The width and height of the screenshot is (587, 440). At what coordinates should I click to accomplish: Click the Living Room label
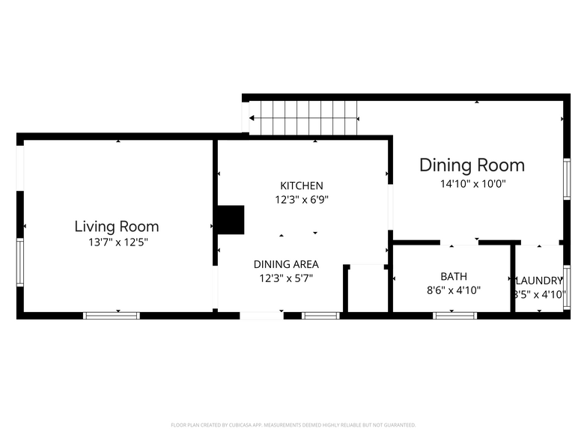[116, 226]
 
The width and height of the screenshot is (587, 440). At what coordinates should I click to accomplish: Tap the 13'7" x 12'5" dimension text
[116, 242]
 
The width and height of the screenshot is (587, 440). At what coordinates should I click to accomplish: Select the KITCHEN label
[302, 186]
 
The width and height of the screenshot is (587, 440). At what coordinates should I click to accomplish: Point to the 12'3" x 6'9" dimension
[302, 200]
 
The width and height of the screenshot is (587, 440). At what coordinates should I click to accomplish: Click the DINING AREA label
[286, 264]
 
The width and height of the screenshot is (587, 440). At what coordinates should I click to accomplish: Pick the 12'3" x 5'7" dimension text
[286, 278]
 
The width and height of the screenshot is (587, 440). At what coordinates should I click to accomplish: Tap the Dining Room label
[472, 165]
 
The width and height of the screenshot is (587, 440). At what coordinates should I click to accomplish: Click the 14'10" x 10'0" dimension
[472, 183]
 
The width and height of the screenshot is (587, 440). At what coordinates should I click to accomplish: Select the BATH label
[453, 276]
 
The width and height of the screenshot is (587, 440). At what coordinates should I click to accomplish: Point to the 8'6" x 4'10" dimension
[453, 290]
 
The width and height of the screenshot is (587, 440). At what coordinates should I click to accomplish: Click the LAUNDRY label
[538, 281]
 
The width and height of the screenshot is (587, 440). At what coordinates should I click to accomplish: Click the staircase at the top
[303, 118]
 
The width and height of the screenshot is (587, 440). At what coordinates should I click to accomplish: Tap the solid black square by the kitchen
[231, 220]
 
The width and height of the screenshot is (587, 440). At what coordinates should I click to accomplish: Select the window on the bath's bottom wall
[455, 316]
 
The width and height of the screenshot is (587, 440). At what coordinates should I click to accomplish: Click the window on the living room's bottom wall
[112, 316]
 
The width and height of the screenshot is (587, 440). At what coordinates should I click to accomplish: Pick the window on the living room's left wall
[20, 262]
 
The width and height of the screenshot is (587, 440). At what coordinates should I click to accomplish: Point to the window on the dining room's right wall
[567, 180]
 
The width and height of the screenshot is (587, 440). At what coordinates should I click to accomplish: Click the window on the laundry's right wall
[567, 287]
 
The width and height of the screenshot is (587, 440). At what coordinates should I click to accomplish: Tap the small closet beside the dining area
[366, 288]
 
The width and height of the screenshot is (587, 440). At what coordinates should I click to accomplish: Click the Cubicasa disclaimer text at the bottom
[293, 424]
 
